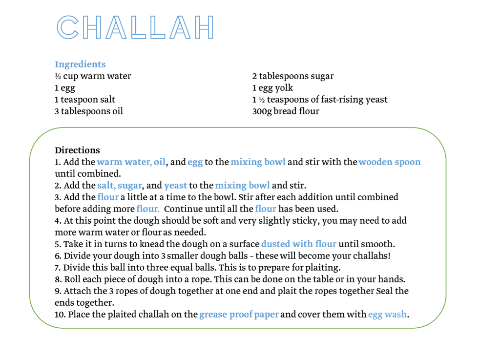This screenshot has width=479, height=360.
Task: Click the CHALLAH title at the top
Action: click(135, 27)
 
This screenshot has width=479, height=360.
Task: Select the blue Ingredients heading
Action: click(80, 64)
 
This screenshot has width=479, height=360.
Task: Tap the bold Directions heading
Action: click(77, 150)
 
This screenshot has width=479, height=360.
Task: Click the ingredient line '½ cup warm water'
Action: click(93, 76)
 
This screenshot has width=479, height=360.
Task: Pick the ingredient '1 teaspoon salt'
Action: click(85, 100)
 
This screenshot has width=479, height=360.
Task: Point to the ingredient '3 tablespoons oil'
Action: click(89, 111)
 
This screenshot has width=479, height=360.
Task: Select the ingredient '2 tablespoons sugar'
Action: click(293, 76)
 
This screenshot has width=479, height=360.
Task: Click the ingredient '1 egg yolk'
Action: click(272, 88)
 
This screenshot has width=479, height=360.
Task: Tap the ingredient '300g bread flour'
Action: click(286, 111)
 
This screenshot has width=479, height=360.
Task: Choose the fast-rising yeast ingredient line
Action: click(320, 100)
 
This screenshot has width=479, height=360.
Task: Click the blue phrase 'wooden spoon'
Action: click(390, 162)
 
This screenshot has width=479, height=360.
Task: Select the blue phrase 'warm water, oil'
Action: click(131, 162)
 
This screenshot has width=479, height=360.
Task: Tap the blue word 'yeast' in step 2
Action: click(176, 186)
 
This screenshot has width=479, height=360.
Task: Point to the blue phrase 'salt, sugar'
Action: click(120, 186)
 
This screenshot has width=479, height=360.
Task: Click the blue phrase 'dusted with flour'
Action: click(299, 244)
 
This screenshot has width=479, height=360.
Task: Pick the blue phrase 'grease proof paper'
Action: click(239, 315)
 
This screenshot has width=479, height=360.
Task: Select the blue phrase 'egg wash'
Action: click(387, 315)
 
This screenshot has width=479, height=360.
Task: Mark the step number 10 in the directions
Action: click(60, 315)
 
